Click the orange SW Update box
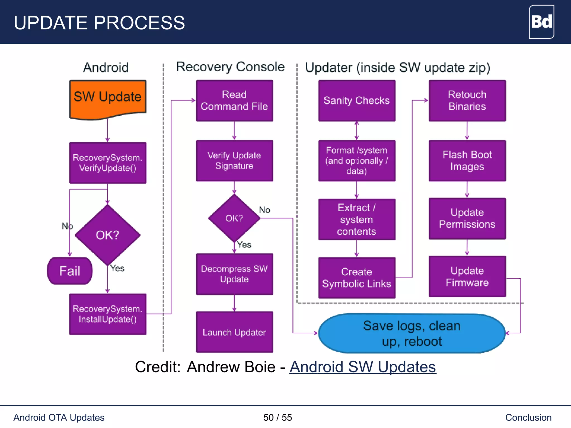(108, 99)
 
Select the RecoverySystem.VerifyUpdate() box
(108, 163)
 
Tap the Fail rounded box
(70, 271)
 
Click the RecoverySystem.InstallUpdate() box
(108, 314)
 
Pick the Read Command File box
(234, 101)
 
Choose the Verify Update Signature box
(234, 160)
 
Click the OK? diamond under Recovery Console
(234, 218)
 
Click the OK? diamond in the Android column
(108, 235)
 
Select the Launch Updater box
(234, 332)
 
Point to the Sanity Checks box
(357, 101)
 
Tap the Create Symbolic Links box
(357, 278)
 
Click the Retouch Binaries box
(467, 101)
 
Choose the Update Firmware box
(467, 276)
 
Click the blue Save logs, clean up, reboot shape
(412, 333)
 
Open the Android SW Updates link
(362, 367)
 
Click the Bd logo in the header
(541, 22)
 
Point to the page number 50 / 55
(277, 417)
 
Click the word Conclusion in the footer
(528, 417)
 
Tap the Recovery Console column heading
(230, 67)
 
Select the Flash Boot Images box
(467, 160)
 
